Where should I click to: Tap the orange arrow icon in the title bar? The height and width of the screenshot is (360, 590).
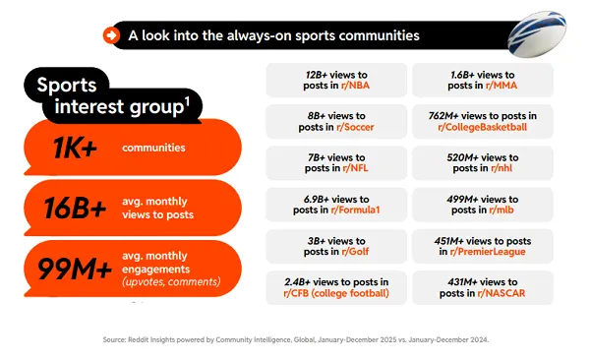[111, 35]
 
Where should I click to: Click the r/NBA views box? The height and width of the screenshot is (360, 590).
[336, 80]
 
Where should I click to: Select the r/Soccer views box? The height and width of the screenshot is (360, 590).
[336, 121]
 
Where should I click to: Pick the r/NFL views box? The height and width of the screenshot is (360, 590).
[336, 163]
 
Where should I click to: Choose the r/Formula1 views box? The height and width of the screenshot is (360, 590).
[336, 205]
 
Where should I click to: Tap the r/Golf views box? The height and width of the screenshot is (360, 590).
[336, 246]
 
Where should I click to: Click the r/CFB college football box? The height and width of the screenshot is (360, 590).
[336, 287]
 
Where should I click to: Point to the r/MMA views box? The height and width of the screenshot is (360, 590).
[482, 80]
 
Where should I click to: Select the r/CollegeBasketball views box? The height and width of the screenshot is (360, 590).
[482, 121]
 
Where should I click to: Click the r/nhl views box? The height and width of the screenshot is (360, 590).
[482, 163]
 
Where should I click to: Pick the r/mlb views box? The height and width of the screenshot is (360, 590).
[482, 205]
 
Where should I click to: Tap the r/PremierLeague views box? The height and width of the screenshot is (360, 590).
[482, 246]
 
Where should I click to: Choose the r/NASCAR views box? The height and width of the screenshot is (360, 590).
[482, 287]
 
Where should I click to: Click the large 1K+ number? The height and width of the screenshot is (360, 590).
[74, 149]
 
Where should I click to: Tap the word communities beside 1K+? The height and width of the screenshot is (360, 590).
[154, 149]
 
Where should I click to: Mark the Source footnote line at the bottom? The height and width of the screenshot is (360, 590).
[295, 339]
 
